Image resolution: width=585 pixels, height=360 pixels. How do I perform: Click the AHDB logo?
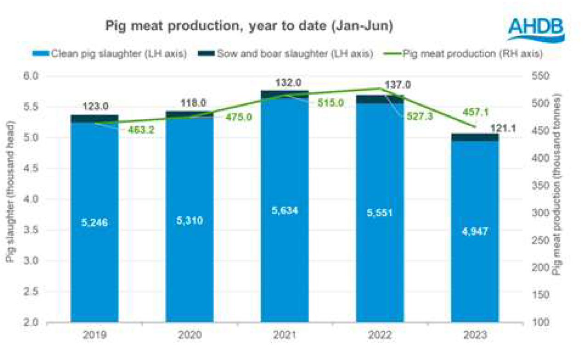pyautogui.click(x=536, y=28)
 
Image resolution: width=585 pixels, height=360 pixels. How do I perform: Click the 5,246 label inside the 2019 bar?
pyautogui.click(x=94, y=223)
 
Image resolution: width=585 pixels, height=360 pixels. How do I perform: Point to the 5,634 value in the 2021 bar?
pyautogui.click(x=284, y=211)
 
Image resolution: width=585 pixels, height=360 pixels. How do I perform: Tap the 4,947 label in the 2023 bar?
pyautogui.click(x=474, y=232)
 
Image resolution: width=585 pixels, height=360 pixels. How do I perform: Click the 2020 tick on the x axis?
pyautogui.click(x=189, y=336)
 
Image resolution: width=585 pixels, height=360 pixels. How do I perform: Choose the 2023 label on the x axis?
pyautogui.click(x=475, y=336)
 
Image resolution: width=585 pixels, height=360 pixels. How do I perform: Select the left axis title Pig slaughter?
pyautogui.click(x=10, y=191)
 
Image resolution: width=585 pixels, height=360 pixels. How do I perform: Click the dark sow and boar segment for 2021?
pyautogui.click(x=284, y=94)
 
